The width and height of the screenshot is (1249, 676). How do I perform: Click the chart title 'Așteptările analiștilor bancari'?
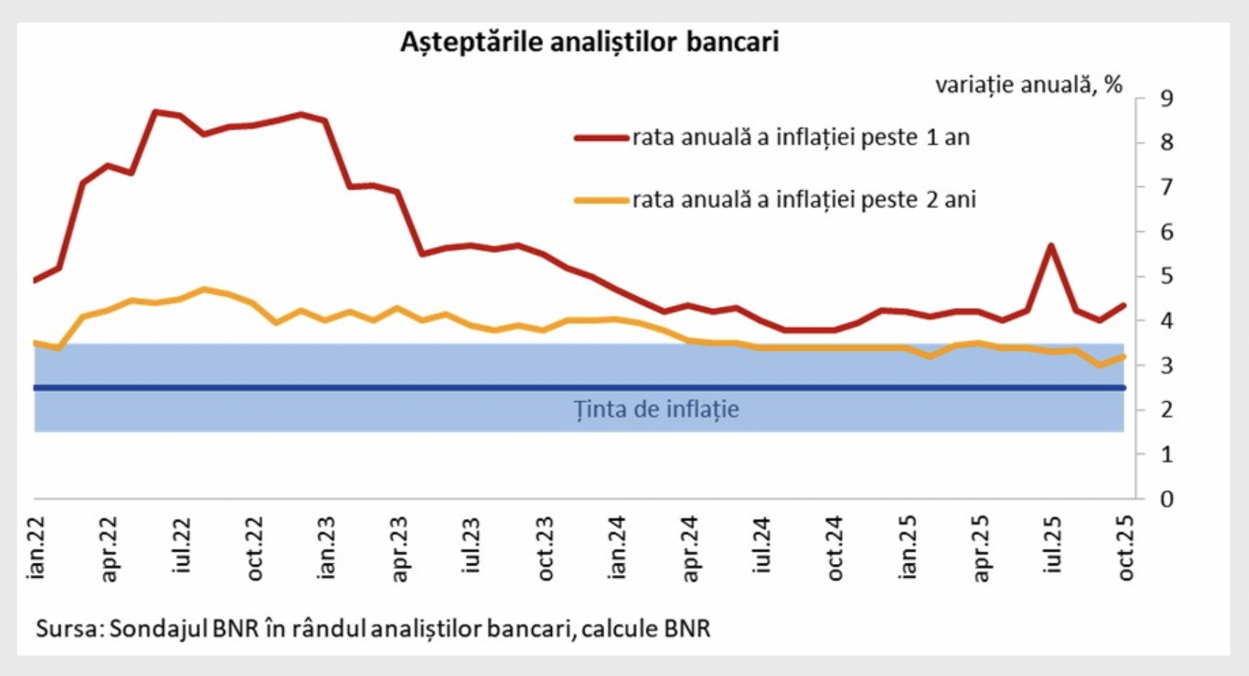[x=589, y=42]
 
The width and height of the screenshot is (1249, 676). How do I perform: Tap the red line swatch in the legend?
[x=601, y=137]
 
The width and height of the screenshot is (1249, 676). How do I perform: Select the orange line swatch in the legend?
[x=601, y=200]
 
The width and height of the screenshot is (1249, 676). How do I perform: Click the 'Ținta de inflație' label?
[x=656, y=409]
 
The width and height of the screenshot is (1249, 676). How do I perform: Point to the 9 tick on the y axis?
[x=1166, y=98]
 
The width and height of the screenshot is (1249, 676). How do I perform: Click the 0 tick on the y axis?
[x=1166, y=499]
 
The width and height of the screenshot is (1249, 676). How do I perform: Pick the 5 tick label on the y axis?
[x=1166, y=276]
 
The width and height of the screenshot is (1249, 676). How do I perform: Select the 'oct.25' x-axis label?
[x=1125, y=547]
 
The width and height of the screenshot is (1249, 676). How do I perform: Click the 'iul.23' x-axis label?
[x=471, y=544]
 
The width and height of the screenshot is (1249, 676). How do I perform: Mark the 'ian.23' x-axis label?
[x=326, y=547]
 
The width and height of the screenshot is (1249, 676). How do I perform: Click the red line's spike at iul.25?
[x=1051, y=246]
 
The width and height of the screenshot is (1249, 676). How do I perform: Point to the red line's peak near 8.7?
[x=156, y=111]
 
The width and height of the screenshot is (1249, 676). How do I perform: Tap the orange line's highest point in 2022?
[x=204, y=289]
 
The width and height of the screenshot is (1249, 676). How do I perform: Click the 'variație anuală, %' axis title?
[x=1028, y=85]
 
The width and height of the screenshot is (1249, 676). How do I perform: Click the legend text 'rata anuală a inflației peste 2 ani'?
[x=803, y=200]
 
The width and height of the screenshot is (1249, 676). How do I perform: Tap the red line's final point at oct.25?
[x=1124, y=305]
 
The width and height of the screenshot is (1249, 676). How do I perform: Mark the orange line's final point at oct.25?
[x=1124, y=356]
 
